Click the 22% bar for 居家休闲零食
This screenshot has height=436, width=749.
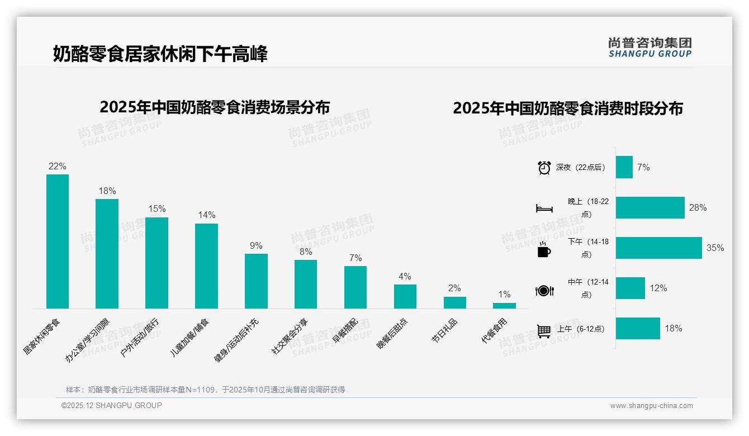coord(58,241)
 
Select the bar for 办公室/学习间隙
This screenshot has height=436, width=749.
coord(107,254)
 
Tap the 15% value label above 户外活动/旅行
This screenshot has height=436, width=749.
coord(157,209)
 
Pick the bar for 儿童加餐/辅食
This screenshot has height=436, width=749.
coord(206,266)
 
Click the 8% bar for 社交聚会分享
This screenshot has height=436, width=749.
coord(306,284)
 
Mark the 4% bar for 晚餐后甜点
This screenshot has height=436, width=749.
coord(405,296)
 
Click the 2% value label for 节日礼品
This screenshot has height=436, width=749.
coord(454,288)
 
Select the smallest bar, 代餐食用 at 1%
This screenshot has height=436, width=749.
coord(504,306)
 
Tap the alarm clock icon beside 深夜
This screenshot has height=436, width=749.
coord(544,168)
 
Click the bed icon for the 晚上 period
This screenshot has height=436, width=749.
coord(544,208)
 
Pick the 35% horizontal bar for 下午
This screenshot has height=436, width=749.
coord(658,248)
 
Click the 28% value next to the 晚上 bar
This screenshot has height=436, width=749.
coord(698,208)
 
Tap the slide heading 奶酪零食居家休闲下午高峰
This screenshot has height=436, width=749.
coord(160,54)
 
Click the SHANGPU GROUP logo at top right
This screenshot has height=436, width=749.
coord(650,47)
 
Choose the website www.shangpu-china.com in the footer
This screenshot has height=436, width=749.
coord(651,406)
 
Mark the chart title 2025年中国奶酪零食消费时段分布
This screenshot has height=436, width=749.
coord(568,108)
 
